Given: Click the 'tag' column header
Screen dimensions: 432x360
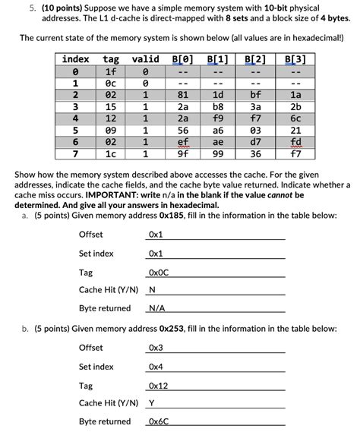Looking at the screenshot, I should tap(111, 59).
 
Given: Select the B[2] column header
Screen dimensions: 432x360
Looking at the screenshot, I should tap(255, 59).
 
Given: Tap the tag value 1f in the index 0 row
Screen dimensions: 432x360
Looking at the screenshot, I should tap(111, 71).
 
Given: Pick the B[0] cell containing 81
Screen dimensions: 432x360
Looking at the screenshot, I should tap(182, 95).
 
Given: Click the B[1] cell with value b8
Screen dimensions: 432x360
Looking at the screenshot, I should tap(218, 107).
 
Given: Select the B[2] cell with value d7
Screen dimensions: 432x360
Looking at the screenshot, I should tap(255, 142).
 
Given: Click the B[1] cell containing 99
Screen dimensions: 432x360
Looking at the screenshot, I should tap(218, 154).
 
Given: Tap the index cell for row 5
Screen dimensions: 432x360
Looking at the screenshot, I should tap(75, 131).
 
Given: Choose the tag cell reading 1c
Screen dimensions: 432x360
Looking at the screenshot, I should tap(111, 154).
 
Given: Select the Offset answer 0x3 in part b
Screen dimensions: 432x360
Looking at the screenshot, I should tap(156, 348).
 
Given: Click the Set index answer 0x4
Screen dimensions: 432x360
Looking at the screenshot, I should tap(156, 367).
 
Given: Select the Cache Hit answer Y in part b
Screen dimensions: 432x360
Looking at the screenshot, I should tap(152, 403).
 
